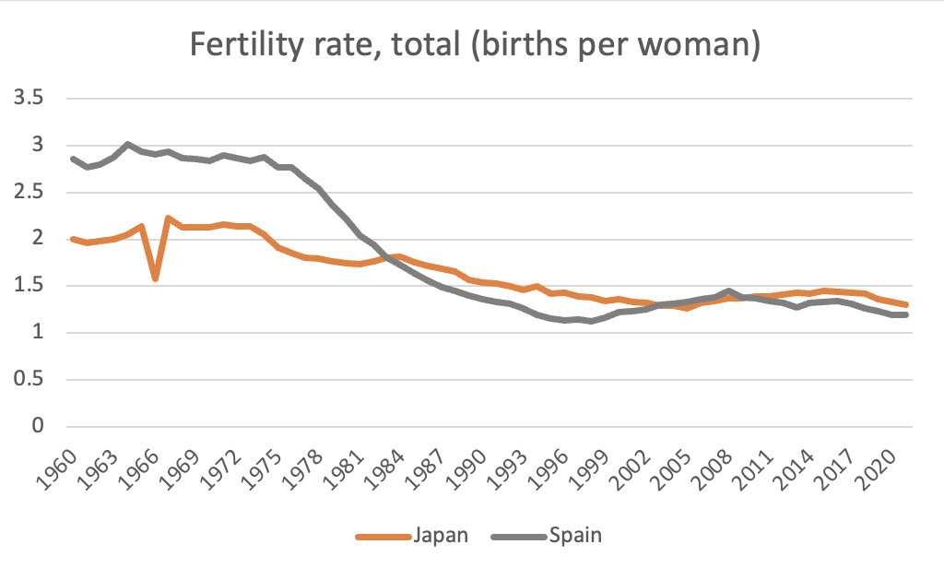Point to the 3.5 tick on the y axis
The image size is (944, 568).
click(x=31, y=98)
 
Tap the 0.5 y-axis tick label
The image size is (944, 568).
click(x=31, y=380)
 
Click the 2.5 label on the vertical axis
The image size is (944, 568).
click(x=31, y=192)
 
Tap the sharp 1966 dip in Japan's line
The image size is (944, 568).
click(x=156, y=278)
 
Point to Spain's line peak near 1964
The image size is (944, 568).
click(x=127, y=144)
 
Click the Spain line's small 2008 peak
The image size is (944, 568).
click(x=729, y=290)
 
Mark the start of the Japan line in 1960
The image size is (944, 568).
click(x=73, y=239)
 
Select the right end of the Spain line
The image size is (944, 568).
click(x=907, y=314)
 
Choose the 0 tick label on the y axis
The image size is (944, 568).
click(x=37, y=427)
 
